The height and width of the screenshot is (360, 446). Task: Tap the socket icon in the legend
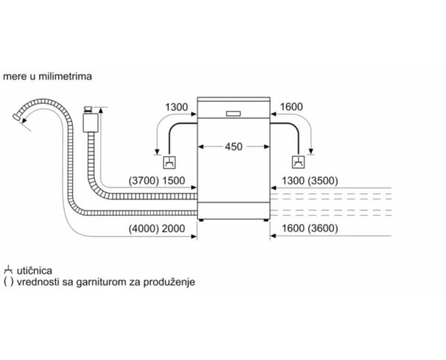click(x=8, y=271)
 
